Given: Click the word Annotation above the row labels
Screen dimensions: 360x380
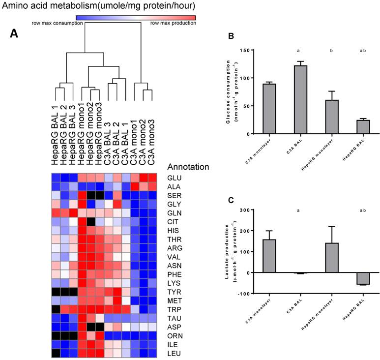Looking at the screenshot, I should point(188,167).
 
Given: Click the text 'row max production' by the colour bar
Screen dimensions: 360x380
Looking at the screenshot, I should point(173,23).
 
